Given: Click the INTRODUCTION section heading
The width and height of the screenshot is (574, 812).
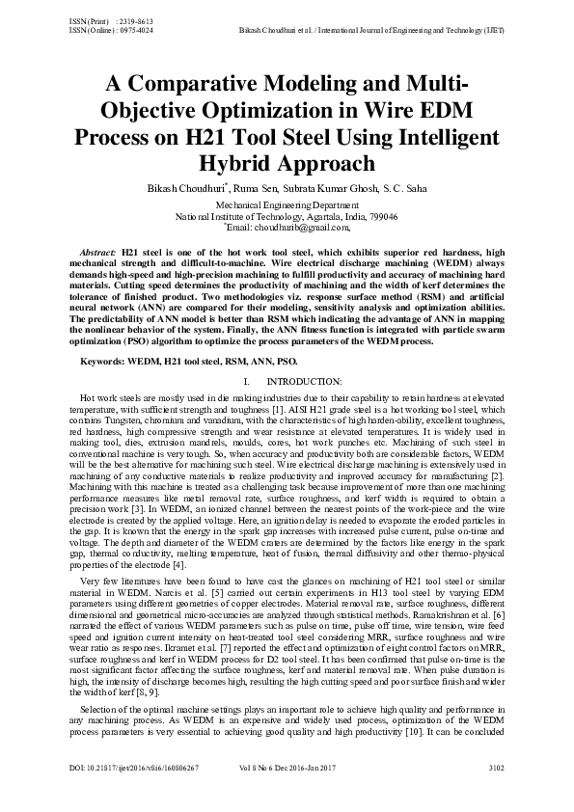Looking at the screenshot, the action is click(x=301, y=384).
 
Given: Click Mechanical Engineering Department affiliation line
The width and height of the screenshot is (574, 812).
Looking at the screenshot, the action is click(x=287, y=206).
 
